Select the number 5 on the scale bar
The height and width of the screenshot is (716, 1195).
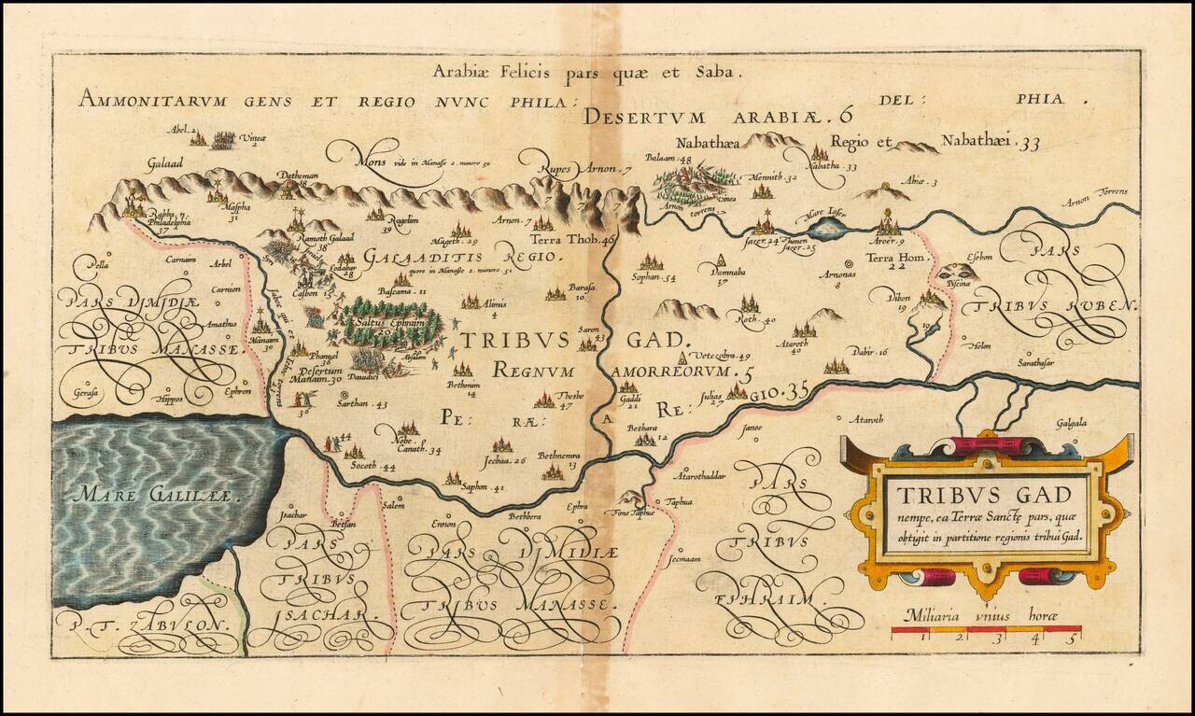(x=1075, y=639)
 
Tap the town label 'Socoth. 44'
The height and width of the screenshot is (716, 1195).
(x=373, y=466)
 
